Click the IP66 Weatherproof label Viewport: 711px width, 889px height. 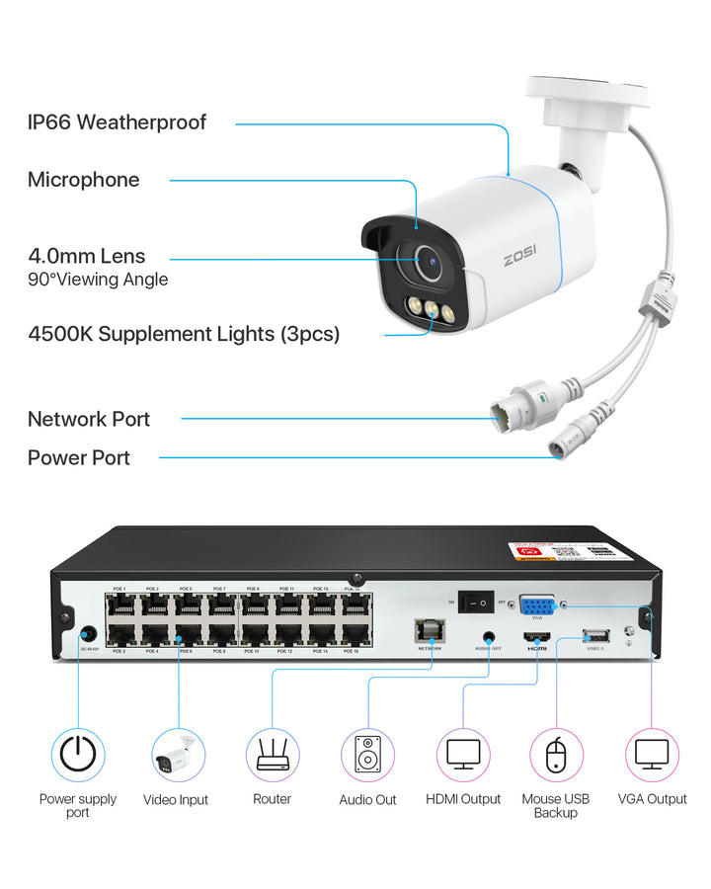117,122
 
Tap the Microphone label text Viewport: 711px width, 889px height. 84,180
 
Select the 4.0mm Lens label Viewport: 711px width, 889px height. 87,257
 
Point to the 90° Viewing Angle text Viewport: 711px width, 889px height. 98,280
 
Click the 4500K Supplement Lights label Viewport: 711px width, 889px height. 184,334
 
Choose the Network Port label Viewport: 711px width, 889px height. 89,419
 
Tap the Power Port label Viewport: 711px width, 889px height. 79,457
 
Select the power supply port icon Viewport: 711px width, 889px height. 78,756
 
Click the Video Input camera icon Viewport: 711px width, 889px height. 179,756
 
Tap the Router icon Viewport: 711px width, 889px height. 272,756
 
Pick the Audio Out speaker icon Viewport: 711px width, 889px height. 367,756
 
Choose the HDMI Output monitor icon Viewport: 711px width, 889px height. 463,756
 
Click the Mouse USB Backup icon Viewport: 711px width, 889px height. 557,756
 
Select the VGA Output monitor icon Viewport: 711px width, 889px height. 652,756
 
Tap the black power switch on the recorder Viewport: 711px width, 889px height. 482,600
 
